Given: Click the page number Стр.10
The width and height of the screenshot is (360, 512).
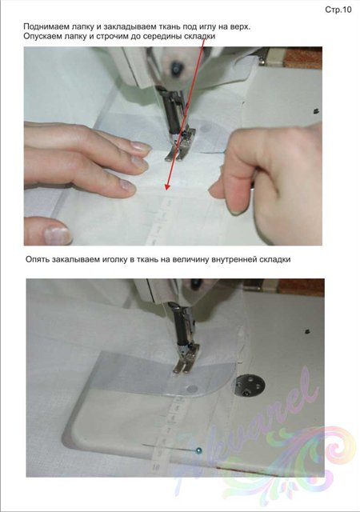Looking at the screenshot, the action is coord(338,10).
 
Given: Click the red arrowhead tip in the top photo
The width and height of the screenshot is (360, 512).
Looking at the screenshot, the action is coord(166,190).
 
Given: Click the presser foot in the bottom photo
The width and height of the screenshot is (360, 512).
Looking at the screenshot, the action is coord(186,358).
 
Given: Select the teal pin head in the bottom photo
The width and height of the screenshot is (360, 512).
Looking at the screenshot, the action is coord(198,451).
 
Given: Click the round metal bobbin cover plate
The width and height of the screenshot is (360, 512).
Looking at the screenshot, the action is coord(250,386).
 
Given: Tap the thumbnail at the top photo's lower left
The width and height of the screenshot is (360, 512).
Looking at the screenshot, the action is coord(58,235).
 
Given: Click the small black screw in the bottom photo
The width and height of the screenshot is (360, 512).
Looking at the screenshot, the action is coord(307,332).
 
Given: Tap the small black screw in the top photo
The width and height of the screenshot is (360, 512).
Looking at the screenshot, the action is coord(316,111).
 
